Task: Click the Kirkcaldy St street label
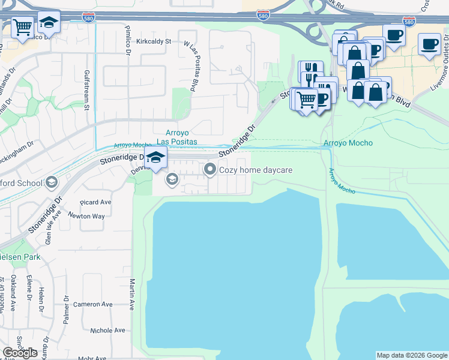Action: tap(154, 41)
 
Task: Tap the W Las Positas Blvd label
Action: tap(190, 66)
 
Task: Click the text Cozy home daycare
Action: tap(256, 170)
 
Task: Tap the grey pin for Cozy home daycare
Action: tap(210, 170)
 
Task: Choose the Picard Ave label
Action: tap(95, 202)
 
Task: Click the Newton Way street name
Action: tap(86, 216)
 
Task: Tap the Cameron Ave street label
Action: tap(92, 304)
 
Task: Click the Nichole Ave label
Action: tap(107, 330)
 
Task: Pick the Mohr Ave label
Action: tap(92, 357)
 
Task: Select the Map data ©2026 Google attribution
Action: tap(412, 355)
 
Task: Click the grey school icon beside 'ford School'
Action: tap(52, 182)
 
